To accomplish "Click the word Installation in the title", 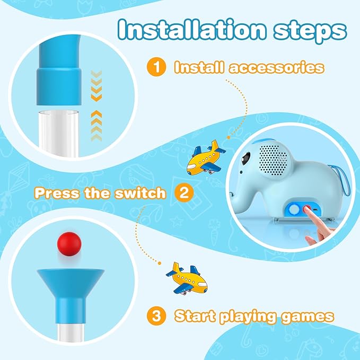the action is coord(192,30).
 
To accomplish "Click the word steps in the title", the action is coord(310,32).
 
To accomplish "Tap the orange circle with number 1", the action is coord(156,67).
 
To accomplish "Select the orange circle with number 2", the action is coord(184,192).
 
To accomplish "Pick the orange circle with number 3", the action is coord(156,315).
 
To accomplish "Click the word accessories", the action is coord(276,67).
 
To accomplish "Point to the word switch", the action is coord(140,193).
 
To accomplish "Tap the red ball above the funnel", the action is coord(69,244).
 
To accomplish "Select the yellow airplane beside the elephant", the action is coord(205,157).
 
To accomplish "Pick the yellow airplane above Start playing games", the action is coord(187,278).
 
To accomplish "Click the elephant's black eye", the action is coord(245,157).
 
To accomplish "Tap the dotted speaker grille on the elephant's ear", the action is coord(273,160).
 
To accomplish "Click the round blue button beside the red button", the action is coord(294,209).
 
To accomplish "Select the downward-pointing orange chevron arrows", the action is coord(96,86).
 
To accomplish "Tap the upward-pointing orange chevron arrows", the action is coord(96,126).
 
